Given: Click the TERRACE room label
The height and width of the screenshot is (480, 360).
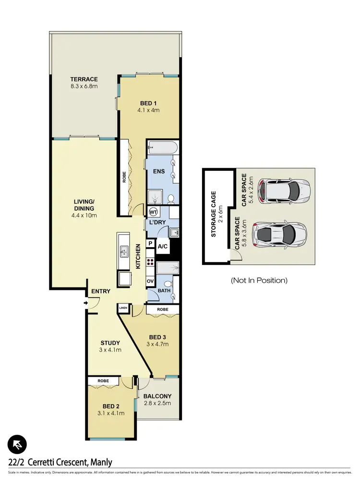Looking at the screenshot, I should tap(84, 79).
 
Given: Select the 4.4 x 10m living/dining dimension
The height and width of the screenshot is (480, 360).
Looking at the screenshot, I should tap(84, 216).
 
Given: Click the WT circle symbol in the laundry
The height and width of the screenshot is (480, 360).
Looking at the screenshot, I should tap(154, 212).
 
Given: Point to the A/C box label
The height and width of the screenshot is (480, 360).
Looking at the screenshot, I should tap(162, 246).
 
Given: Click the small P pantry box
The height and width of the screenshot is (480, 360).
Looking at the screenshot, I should tap(150, 244).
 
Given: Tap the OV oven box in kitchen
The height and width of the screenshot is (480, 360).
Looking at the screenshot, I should tap(150, 281).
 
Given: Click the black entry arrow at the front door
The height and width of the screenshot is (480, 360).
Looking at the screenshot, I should tap(85, 303).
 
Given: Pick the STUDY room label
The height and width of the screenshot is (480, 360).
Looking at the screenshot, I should tap(110, 343).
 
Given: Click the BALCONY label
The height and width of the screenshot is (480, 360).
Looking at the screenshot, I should tap(157, 396).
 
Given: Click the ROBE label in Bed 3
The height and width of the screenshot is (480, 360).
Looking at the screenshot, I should tap(163, 310).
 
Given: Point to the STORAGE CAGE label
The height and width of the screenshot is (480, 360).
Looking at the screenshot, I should tap(214, 214).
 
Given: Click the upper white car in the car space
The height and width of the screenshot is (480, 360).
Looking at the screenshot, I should tap(284, 190).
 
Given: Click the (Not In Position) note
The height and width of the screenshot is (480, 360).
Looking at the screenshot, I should tap(259, 280).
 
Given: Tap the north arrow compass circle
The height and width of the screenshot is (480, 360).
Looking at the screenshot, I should tap(17, 445).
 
